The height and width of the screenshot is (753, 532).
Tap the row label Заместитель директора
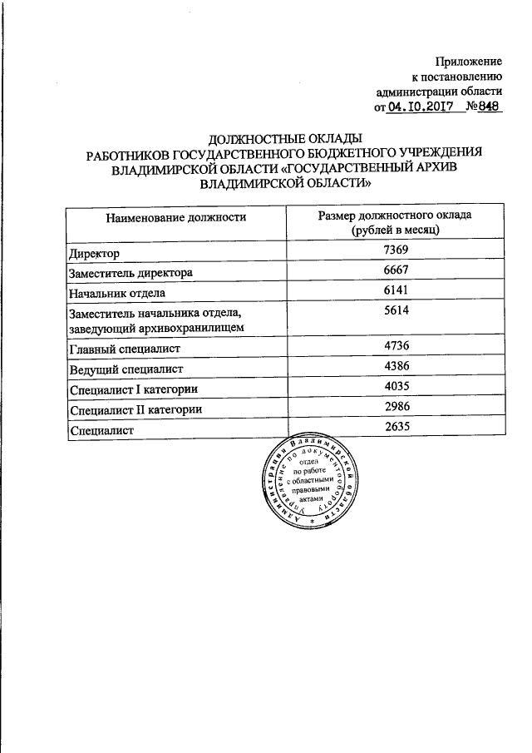click(131, 273)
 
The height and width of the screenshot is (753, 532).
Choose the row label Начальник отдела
click(118, 293)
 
